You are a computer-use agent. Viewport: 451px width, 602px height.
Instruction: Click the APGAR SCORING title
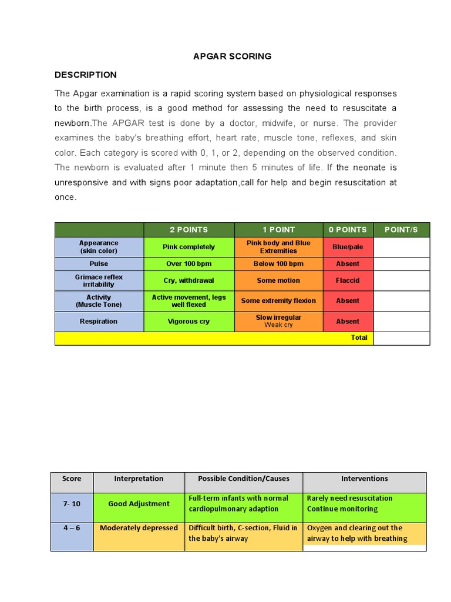click(233, 56)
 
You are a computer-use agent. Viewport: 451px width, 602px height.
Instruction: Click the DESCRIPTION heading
click(86, 75)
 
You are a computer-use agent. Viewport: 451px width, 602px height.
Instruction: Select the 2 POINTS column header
click(189, 230)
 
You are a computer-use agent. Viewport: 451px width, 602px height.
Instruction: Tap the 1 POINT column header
click(278, 230)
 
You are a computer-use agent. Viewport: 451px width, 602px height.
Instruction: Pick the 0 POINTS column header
click(348, 230)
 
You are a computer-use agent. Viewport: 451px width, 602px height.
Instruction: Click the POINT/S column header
click(401, 230)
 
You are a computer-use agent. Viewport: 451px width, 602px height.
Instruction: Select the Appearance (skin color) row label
click(99, 247)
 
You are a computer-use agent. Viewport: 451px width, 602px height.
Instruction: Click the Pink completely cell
click(189, 247)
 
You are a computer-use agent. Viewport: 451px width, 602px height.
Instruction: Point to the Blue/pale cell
click(348, 247)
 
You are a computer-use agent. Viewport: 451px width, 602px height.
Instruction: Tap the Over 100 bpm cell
click(189, 264)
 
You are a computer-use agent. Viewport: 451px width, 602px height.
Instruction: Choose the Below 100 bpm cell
click(278, 264)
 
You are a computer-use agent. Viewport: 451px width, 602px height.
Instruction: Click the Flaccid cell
click(348, 281)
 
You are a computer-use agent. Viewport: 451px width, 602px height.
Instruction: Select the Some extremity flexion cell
click(278, 301)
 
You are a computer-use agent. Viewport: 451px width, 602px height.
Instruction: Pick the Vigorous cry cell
click(189, 322)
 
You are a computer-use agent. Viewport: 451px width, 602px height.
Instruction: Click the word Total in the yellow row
click(359, 338)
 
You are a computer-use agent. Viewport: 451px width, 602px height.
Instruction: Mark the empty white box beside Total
click(401, 338)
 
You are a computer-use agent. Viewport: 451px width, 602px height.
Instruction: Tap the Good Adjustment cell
click(139, 504)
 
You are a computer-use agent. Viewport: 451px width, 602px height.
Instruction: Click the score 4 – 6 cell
click(72, 528)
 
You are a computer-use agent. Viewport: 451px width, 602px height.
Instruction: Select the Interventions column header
click(364, 479)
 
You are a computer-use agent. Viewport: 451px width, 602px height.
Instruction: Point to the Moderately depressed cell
click(139, 528)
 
